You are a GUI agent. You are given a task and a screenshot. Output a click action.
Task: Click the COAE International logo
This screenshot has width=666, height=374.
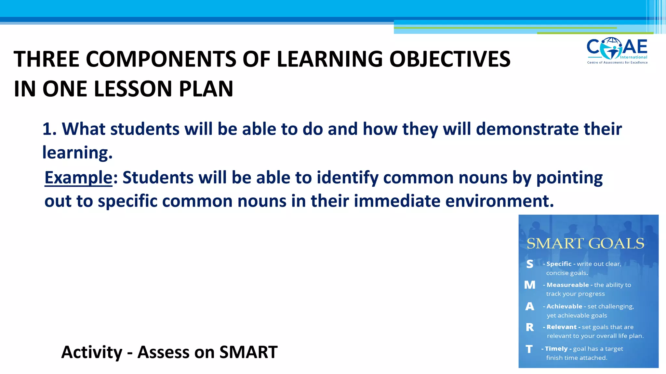click(x=617, y=51)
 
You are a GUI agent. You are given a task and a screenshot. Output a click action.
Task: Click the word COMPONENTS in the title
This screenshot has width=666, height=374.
click(x=161, y=59)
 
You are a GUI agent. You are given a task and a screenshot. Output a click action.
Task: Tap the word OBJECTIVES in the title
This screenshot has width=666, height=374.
click(x=450, y=59)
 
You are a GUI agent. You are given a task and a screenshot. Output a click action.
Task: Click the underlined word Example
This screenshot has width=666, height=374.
click(x=78, y=178)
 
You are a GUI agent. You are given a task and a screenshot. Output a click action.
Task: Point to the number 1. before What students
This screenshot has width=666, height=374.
click(x=49, y=129)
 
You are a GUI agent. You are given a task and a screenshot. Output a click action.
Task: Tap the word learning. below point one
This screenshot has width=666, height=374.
click(x=77, y=152)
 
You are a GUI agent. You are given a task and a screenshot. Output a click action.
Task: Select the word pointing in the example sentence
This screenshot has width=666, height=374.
click(x=569, y=178)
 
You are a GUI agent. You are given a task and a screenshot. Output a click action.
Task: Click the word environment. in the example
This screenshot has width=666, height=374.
click(x=499, y=201)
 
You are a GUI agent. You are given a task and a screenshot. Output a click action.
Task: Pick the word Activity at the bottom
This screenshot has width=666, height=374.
click(x=92, y=352)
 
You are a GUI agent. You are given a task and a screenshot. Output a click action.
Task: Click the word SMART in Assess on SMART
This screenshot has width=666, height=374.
click(x=248, y=352)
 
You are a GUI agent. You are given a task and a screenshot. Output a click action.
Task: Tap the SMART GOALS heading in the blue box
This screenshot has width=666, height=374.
click(x=585, y=243)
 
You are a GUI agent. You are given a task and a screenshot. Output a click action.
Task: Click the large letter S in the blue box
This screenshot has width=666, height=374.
click(x=530, y=264)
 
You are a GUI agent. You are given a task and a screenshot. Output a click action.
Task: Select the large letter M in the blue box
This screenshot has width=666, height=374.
click(x=530, y=285)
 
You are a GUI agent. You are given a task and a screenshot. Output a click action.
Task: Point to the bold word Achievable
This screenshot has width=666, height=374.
click(x=564, y=306)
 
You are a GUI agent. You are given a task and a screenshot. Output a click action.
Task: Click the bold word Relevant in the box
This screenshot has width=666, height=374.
click(x=561, y=327)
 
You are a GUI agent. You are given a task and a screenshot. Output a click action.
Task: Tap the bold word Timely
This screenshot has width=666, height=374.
click(x=556, y=349)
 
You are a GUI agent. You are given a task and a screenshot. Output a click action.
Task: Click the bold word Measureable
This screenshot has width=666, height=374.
click(x=567, y=285)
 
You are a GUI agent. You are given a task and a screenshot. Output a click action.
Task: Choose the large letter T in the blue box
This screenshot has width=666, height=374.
click(x=529, y=349)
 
